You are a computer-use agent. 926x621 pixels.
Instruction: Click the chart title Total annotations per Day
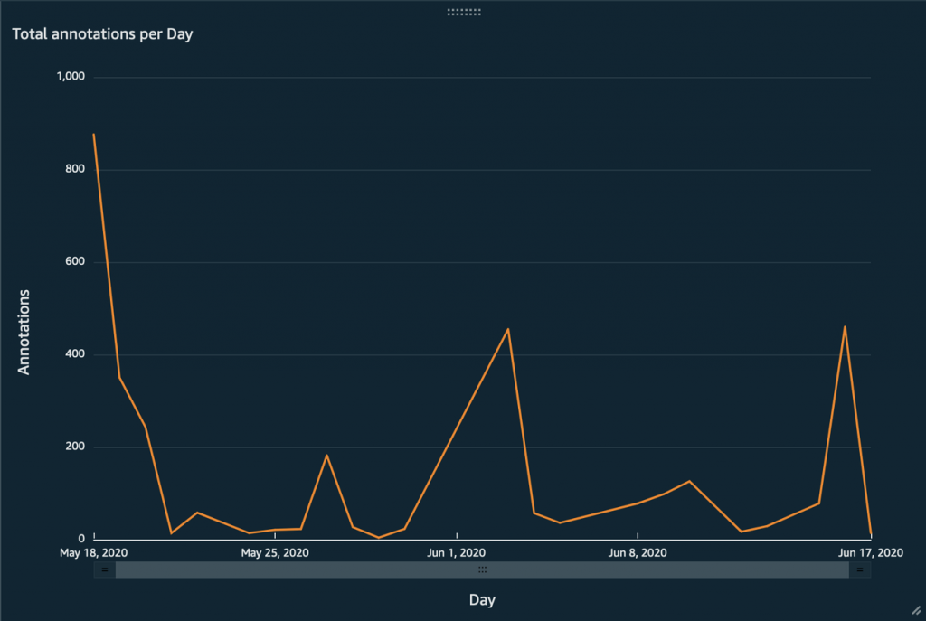click(102, 34)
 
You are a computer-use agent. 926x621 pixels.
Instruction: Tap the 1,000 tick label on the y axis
click(71, 77)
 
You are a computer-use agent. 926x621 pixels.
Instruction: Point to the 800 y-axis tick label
click(75, 169)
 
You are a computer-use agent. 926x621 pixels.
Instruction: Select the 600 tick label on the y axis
click(75, 262)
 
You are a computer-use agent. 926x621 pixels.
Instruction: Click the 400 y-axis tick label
click(75, 354)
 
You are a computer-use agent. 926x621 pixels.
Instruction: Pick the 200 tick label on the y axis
click(75, 447)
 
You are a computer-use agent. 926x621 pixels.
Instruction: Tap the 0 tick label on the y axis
click(81, 539)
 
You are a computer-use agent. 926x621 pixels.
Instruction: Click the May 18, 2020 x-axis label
click(94, 552)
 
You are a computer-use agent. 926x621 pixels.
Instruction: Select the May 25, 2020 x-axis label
click(276, 552)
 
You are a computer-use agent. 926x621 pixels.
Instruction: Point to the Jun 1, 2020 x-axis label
click(457, 552)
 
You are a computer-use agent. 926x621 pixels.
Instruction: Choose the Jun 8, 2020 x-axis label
click(638, 552)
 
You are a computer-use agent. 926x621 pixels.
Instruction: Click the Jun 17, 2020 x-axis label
click(870, 552)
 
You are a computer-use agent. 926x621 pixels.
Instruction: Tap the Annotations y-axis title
click(24, 332)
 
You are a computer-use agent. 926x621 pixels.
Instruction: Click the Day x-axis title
click(482, 599)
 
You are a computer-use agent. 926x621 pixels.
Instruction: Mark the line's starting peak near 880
click(94, 135)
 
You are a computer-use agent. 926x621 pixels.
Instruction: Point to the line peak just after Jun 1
click(508, 329)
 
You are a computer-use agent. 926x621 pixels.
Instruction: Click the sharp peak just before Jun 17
click(845, 327)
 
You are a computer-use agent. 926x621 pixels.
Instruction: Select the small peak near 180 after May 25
click(326, 455)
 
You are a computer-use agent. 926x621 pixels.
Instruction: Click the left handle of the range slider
click(105, 569)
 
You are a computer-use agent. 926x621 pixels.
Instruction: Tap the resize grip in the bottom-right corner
click(916, 611)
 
